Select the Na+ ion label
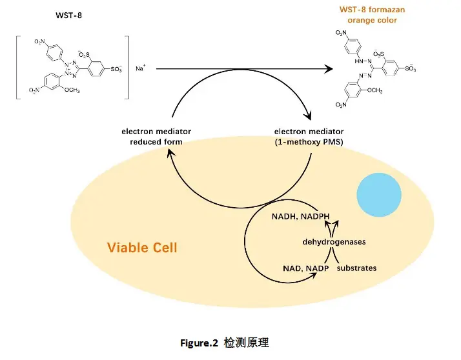tap(140, 68)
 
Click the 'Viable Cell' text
tap(142, 248)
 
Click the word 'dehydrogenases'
tap(334, 242)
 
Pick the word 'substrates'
tap(356, 268)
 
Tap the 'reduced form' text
tap(156, 142)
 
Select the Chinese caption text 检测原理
tap(246, 343)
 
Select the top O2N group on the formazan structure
tap(340, 33)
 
